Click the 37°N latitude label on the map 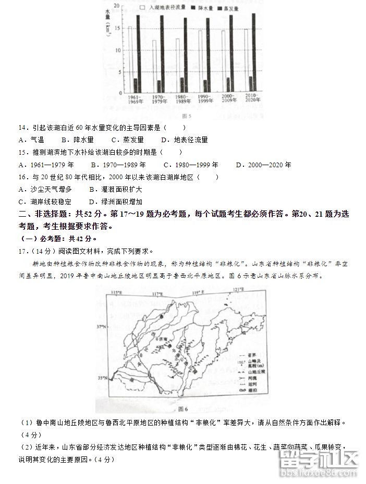(100, 327)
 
